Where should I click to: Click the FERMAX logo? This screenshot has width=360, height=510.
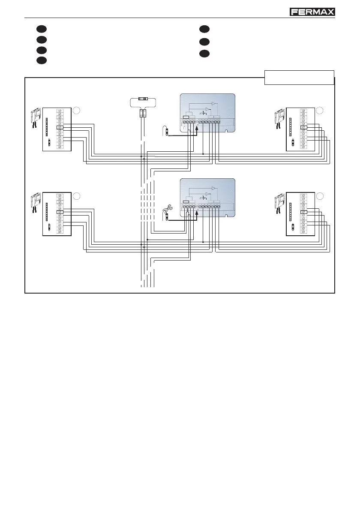[312, 12]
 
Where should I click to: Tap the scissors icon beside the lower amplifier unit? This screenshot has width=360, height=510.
[166, 211]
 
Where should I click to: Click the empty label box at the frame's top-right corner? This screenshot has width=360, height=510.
[299, 77]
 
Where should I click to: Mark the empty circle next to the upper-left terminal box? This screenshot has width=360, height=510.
[76, 111]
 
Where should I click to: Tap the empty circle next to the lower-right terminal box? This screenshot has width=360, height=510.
[320, 196]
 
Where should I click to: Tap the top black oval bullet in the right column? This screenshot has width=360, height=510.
[204, 29]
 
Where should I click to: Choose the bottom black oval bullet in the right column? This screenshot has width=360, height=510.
[204, 54]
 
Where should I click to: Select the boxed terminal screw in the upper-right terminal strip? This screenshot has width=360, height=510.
[304, 127]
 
